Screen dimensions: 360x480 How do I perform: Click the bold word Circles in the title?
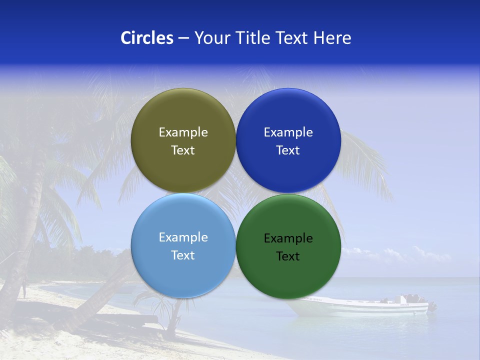point(146,38)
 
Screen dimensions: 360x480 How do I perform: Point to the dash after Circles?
point(183,38)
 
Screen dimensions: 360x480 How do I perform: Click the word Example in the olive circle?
point(183,132)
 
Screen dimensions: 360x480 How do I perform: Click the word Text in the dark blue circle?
point(288,150)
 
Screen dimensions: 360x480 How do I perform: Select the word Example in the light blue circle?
point(183,237)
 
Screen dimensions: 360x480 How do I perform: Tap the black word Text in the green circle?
point(288,256)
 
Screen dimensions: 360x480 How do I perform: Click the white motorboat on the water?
point(360,306)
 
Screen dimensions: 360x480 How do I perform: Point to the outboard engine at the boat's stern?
point(431,306)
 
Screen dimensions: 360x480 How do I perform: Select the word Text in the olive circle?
point(183,150)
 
